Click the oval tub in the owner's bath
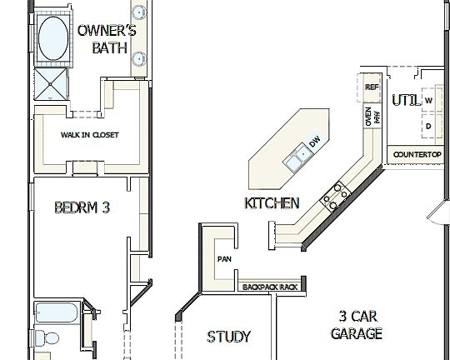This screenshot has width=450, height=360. click(52, 37)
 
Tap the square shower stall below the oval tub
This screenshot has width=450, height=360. click(52, 84)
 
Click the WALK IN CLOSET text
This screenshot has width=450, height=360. click(89, 135)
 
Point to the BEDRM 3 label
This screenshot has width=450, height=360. click(82, 207)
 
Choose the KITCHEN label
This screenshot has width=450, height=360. click(272, 202)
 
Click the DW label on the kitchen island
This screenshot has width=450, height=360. click(314, 144)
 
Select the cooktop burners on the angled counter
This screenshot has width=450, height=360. click(337, 196)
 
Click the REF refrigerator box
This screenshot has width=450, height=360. click(372, 87)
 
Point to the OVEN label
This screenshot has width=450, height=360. click(368, 117)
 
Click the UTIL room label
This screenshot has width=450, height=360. click(406, 101)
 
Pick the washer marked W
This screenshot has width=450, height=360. click(428, 101)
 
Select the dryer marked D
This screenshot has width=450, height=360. click(428, 127)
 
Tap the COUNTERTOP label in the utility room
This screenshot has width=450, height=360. click(416, 155)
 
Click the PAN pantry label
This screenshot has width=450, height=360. click(223, 259)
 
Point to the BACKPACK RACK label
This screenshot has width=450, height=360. click(269, 287)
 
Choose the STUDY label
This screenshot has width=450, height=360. click(228, 337)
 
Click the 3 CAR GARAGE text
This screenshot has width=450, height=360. click(356, 325)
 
